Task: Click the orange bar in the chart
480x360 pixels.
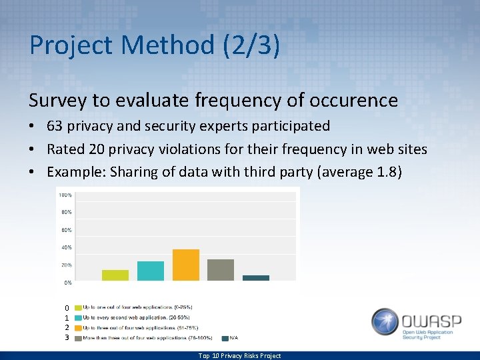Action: coord(186,265)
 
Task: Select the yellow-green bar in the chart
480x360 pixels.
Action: coord(115,275)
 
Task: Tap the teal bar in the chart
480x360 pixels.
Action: coord(151,271)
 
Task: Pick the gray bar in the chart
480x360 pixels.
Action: coord(221,269)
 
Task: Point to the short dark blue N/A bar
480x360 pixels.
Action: coord(256,277)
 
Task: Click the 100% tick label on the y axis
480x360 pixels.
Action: coord(65,195)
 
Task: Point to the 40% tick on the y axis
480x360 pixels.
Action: coord(67,247)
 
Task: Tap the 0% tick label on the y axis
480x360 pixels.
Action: coord(68,283)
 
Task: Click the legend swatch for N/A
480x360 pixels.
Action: coord(225,338)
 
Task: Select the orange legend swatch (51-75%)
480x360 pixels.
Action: coord(78,328)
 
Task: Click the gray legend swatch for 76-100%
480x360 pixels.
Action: coord(78,338)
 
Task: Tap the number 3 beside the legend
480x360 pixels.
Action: coord(67,338)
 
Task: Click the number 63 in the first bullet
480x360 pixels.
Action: coord(55,126)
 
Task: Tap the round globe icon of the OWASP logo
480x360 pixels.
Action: coord(385,322)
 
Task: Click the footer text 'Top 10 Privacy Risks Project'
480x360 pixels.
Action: coord(239,355)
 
